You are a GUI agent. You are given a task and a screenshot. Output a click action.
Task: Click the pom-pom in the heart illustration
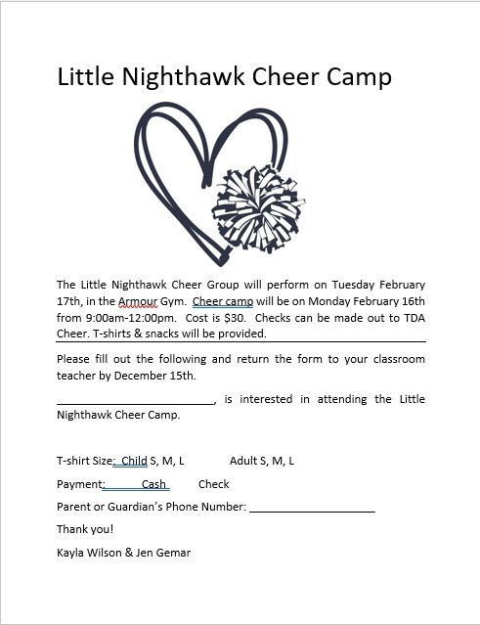[x=258, y=208]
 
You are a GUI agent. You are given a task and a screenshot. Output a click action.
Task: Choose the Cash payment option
[x=153, y=484]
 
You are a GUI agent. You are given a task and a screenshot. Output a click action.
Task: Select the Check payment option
[x=213, y=484]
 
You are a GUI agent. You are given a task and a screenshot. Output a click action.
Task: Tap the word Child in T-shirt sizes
[x=134, y=461]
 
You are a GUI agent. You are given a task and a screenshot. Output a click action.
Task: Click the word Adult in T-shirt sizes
[x=243, y=461]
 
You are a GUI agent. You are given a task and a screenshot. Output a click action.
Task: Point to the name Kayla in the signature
[x=72, y=553]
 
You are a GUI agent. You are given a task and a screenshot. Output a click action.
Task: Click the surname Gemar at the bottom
[x=172, y=553]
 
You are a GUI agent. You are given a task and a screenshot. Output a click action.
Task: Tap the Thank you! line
[x=85, y=530]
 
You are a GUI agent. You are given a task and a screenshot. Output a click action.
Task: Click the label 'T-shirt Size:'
[x=86, y=461]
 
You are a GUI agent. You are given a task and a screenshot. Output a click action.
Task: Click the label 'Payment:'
[x=81, y=484]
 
